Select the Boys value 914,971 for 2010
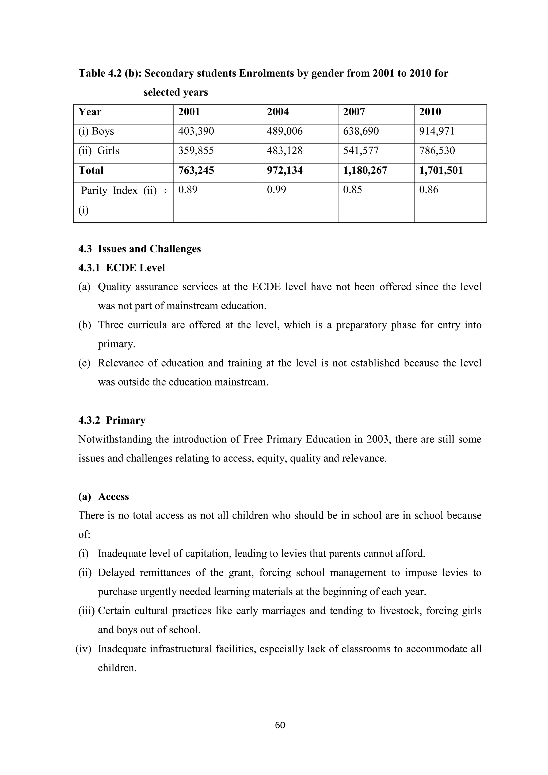tap(437, 131)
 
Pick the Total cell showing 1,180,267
tap(365, 170)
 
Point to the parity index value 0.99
tap(276, 190)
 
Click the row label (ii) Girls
tap(99, 150)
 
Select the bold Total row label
tap(91, 170)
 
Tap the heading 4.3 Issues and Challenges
tap(139, 249)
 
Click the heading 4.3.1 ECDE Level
tap(121, 268)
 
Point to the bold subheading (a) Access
tap(104, 497)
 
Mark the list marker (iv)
tap(83, 649)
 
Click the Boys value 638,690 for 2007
tap(361, 131)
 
